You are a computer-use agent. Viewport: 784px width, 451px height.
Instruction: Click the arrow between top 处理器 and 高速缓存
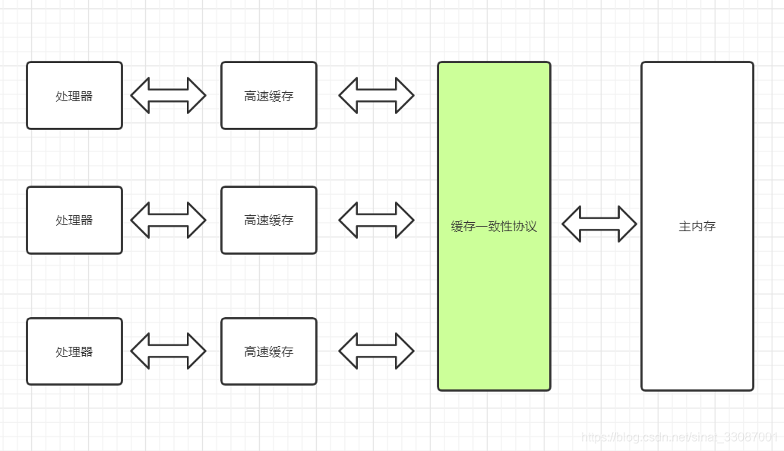pyautogui.click(x=169, y=96)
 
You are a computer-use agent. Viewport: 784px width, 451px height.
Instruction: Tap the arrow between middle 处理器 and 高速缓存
pyautogui.click(x=169, y=221)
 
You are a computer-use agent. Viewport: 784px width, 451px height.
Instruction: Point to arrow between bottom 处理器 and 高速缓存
pyautogui.click(x=169, y=351)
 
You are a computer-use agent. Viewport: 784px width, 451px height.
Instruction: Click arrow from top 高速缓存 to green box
pyautogui.click(x=377, y=96)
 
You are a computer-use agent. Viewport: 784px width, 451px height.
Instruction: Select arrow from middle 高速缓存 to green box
pyautogui.click(x=377, y=221)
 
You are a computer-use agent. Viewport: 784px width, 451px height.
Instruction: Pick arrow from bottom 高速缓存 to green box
pyautogui.click(x=377, y=351)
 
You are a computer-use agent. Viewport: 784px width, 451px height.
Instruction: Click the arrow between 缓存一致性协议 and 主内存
pyautogui.click(x=599, y=224)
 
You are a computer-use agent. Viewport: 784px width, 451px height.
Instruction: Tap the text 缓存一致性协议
pyautogui.click(x=494, y=227)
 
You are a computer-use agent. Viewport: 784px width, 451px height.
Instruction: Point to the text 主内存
pyautogui.click(x=697, y=227)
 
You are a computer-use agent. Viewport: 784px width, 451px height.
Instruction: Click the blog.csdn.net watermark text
pyautogui.click(x=679, y=437)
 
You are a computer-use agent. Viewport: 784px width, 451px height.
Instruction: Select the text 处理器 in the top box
pyautogui.click(x=74, y=97)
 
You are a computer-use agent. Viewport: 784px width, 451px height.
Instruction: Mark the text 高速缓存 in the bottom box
pyautogui.click(x=269, y=352)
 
